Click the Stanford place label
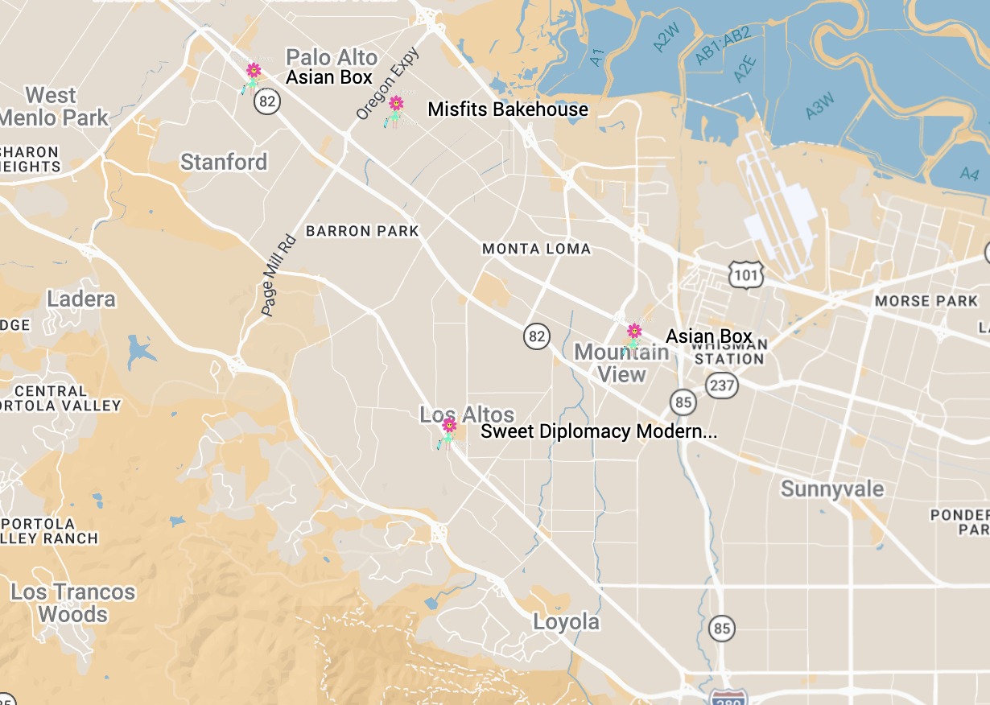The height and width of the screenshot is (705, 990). pyautogui.click(x=223, y=162)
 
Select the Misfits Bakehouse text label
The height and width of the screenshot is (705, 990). pyautogui.click(x=507, y=109)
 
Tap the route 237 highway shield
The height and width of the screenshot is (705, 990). pyautogui.click(x=722, y=385)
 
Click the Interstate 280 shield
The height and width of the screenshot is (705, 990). pyautogui.click(x=728, y=697)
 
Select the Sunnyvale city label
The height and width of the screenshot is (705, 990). pyautogui.click(x=831, y=489)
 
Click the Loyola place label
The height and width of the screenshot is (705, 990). pyautogui.click(x=566, y=622)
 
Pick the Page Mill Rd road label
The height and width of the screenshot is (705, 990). pyautogui.click(x=279, y=275)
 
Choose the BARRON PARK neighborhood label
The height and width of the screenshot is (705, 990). pyautogui.click(x=362, y=231)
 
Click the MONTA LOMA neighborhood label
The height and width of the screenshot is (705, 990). pyautogui.click(x=536, y=249)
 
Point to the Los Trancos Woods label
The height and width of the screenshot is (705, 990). pyautogui.click(x=72, y=603)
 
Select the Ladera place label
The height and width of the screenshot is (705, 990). pyautogui.click(x=81, y=299)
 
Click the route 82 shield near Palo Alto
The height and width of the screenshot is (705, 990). pyautogui.click(x=267, y=101)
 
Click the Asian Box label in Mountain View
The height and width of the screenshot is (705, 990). pyautogui.click(x=708, y=336)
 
